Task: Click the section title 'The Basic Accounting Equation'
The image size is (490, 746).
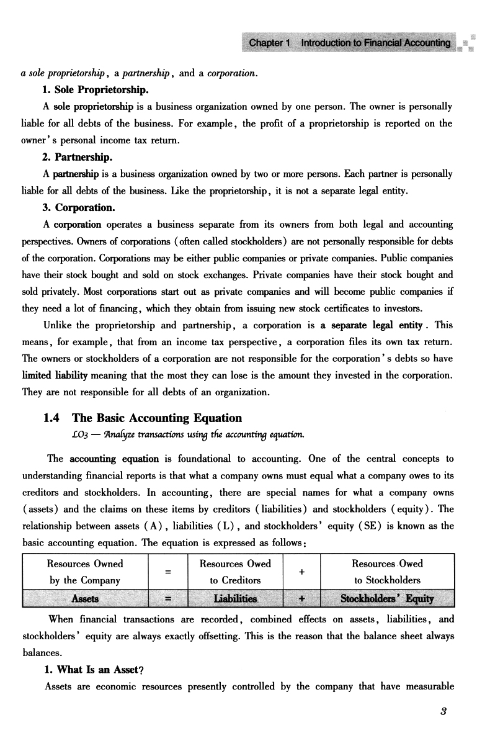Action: click(157, 418)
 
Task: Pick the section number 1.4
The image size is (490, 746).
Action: click(54, 418)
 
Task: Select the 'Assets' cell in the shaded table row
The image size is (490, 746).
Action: click(85, 598)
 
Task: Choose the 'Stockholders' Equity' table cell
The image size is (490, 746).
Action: click(387, 598)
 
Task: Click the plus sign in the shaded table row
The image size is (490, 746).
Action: click(301, 598)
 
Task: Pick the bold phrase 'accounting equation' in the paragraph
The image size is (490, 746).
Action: click(104, 459)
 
